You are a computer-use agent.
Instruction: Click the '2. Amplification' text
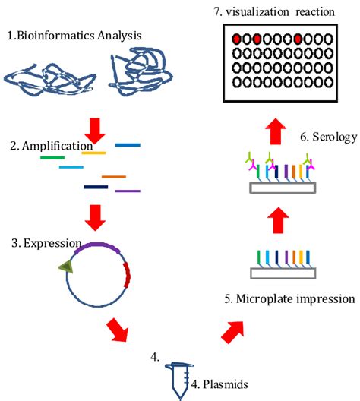tap(45, 145)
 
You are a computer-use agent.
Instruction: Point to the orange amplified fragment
tap(113, 177)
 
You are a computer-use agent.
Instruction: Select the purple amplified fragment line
tap(127, 190)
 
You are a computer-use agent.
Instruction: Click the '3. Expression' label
tap(43, 243)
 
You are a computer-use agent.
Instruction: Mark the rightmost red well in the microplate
tap(299, 39)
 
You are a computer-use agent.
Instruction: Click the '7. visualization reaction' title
tap(280, 11)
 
